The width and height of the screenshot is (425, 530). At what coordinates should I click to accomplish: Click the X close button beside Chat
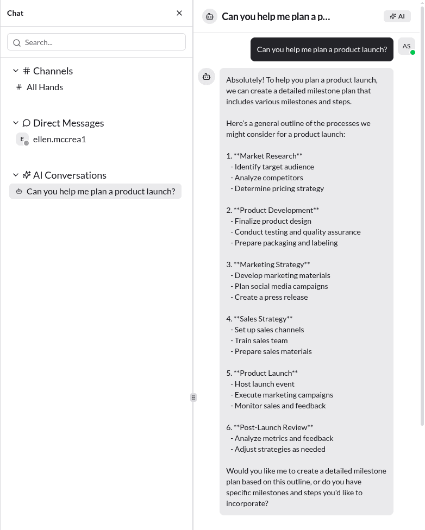pos(179,13)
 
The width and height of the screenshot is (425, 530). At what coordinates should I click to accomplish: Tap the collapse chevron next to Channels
pos(16,71)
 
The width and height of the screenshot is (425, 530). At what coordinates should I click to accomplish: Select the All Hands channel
pos(45,87)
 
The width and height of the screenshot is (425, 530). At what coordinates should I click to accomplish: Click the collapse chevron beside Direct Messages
pos(16,123)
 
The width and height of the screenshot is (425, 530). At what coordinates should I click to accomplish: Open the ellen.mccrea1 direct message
pos(59,139)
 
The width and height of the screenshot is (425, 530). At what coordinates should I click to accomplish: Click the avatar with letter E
pos(22,139)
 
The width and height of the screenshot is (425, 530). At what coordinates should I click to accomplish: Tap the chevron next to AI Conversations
pos(16,175)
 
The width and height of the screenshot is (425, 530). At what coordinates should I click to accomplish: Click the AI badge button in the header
pos(397,16)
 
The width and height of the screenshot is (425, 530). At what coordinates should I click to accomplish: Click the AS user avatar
pos(407,47)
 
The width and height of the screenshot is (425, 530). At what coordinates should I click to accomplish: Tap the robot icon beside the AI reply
pos(207,77)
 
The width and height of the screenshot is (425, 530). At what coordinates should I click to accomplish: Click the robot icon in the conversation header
pos(210,16)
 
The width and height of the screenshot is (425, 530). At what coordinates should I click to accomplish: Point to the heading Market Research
pos(268,156)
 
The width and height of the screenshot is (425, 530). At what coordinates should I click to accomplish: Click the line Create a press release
pos(271,297)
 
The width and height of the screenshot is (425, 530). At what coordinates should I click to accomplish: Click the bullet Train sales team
pos(261,340)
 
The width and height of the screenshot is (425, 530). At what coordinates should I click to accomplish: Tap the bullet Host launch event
pos(264,384)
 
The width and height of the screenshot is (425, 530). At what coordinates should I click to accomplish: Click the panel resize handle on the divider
pos(193,397)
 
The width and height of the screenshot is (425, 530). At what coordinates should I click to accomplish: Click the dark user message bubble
pos(322,49)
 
